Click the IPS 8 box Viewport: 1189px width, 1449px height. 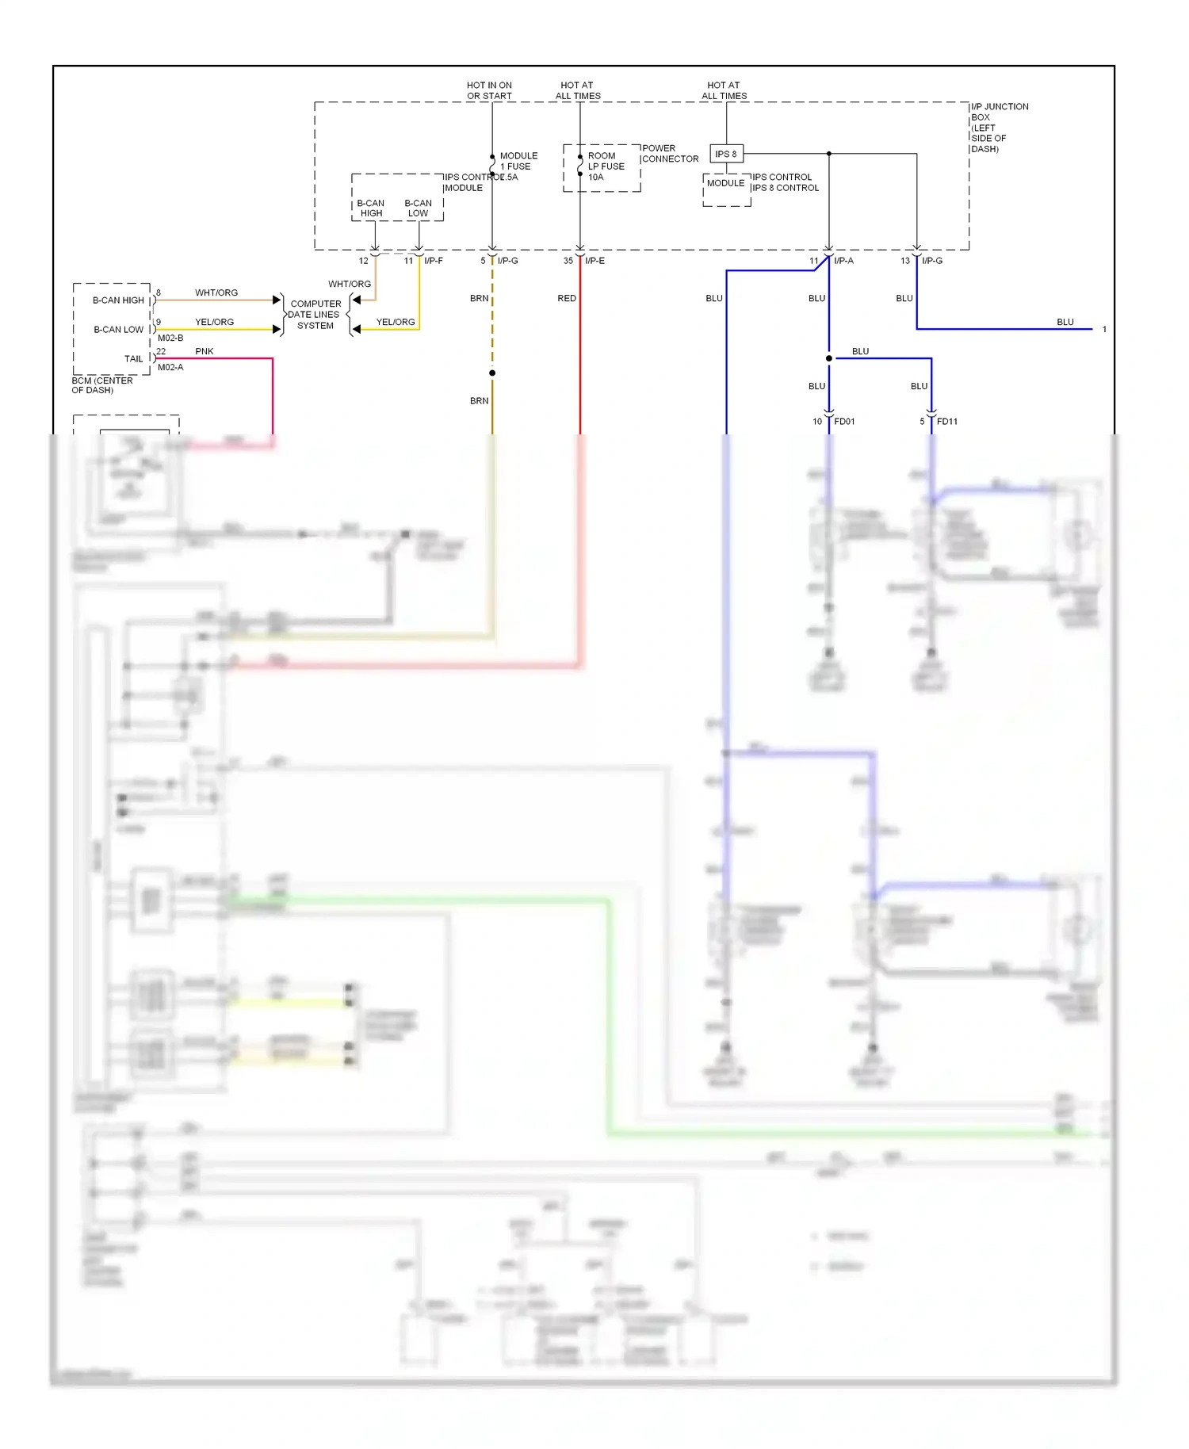click(x=726, y=154)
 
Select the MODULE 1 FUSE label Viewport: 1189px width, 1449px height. click(x=518, y=161)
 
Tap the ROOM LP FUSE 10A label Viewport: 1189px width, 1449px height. click(x=606, y=166)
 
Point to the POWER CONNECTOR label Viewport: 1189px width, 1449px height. click(x=670, y=154)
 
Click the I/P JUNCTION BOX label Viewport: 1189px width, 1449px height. click(x=999, y=128)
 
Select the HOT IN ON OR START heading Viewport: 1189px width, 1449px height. click(x=489, y=90)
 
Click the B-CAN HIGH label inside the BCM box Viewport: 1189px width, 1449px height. click(x=118, y=300)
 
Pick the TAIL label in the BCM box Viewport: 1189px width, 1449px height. click(x=133, y=359)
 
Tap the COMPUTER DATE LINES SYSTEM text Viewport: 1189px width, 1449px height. click(x=315, y=315)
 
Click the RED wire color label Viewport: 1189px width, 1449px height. click(x=567, y=299)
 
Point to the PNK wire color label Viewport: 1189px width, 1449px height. click(x=205, y=351)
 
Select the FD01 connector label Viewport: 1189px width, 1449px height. click(x=844, y=422)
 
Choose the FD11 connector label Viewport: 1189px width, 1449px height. click(x=946, y=422)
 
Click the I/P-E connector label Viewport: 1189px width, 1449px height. click(x=594, y=261)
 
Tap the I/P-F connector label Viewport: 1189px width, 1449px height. click(x=434, y=261)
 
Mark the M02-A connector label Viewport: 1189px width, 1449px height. click(x=170, y=368)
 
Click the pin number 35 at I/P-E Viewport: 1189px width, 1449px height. click(x=568, y=261)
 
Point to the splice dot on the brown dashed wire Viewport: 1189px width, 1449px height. click(x=492, y=373)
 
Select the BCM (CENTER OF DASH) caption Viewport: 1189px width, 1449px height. click(x=101, y=385)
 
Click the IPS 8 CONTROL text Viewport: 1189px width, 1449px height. click(x=786, y=188)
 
